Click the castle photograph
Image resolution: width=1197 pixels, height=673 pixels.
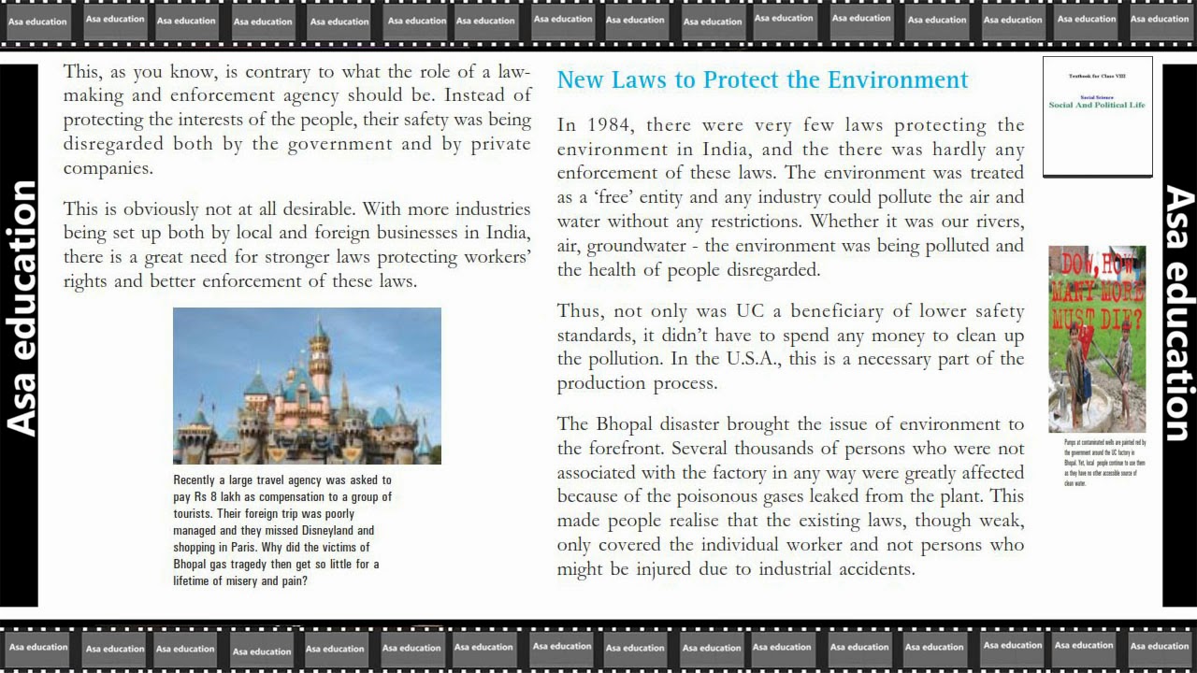307,386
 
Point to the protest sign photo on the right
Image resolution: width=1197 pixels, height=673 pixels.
1097,338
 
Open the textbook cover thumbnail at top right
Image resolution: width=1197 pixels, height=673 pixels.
1097,117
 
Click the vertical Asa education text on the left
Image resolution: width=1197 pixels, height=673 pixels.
21,308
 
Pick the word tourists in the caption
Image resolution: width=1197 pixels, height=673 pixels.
194,514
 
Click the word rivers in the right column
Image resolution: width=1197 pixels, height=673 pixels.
998,222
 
